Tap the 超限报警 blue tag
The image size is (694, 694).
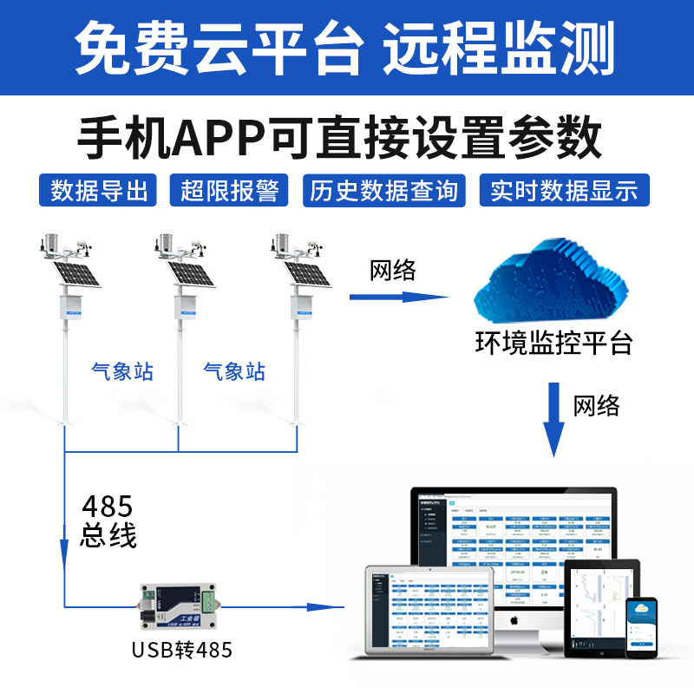click(x=228, y=190)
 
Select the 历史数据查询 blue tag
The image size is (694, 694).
click(x=383, y=190)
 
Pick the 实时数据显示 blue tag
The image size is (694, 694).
click(x=564, y=190)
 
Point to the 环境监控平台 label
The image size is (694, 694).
click(x=553, y=343)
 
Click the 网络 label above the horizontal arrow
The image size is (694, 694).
click(x=393, y=271)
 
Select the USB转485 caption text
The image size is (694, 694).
click(x=182, y=649)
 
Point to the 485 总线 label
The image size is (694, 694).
click(x=108, y=520)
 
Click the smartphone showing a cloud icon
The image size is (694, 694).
click(x=643, y=625)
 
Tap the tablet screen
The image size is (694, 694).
click(x=600, y=608)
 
